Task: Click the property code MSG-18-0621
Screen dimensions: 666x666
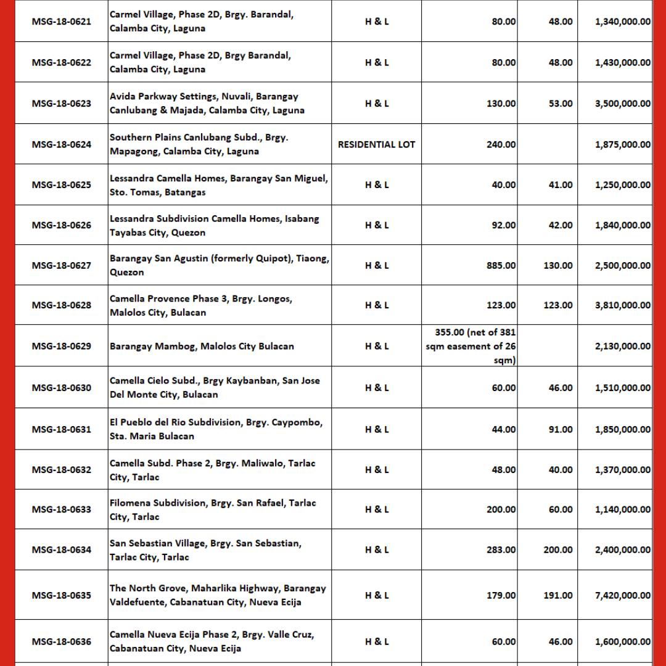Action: coord(61,22)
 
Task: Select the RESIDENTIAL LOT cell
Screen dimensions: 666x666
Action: coord(377,144)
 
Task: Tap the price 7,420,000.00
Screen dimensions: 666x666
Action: coord(622,595)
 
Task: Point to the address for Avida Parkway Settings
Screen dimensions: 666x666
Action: coord(207,104)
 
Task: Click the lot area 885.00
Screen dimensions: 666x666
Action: coord(500,265)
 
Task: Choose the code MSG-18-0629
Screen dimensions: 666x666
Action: coord(61,346)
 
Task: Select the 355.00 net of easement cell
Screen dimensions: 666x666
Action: coord(471,346)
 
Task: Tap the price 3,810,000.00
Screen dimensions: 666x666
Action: coord(622,305)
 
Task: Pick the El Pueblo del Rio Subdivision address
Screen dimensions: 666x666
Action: coord(216,429)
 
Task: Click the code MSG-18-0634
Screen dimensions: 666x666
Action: coord(61,549)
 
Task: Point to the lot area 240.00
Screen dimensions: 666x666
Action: coord(500,144)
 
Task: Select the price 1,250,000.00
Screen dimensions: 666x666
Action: coord(622,185)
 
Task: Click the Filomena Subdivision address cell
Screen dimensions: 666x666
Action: coord(213,510)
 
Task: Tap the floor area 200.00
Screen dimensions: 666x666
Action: coord(557,549)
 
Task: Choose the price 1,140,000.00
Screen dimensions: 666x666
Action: coord(622,509)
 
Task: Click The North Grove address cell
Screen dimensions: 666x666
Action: coord(218,595)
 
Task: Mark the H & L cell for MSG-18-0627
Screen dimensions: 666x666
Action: coord(377,265)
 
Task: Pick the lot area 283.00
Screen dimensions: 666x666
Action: coord(500,549)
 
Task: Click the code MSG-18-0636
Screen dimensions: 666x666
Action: coord(61,641)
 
